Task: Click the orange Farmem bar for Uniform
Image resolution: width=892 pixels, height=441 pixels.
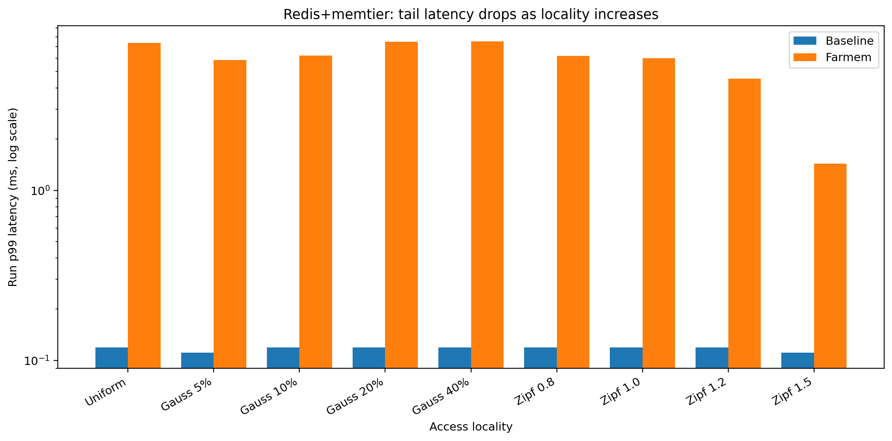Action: (144, 205)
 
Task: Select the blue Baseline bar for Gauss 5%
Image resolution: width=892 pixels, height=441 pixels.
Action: (197, 360)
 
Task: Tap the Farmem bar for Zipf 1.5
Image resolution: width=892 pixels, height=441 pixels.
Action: (830, 265)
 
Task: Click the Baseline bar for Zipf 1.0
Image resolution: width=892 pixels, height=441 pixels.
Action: (626, 357)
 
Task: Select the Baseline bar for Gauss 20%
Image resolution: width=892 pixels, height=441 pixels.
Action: (369, 357)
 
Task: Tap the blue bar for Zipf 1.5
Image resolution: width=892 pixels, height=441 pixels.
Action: (797, 360)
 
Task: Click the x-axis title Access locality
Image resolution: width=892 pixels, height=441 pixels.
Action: (470, 427)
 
